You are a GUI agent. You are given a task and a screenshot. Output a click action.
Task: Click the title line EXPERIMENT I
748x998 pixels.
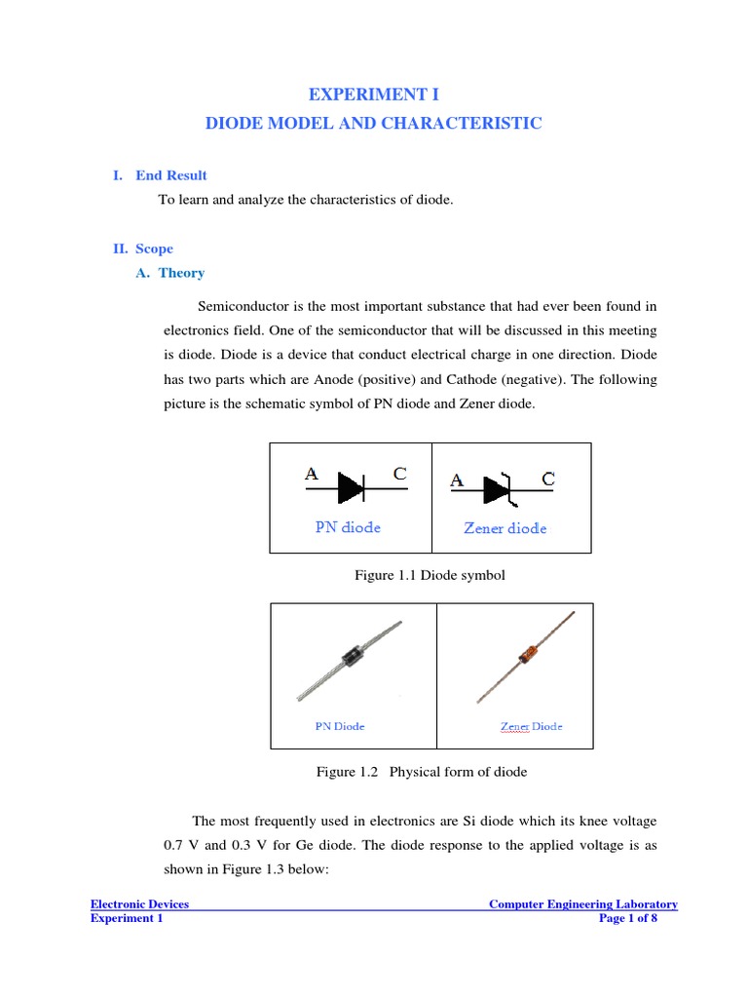pos(373,95)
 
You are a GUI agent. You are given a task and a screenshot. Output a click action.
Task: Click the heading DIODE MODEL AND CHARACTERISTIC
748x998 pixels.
pos(373,124)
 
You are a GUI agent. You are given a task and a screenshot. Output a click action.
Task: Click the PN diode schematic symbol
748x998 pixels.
pos(350,487)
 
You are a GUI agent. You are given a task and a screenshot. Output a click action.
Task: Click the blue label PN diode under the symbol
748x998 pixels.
pos(348,527)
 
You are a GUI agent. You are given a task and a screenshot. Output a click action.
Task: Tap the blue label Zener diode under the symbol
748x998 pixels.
pos(505,528)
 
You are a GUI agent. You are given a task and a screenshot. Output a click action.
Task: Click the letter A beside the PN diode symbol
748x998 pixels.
pos(312,475)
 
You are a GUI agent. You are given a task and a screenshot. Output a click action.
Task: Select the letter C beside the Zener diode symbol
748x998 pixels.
pos(548,480)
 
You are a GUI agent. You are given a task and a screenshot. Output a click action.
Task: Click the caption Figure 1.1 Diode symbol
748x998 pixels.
pos(430,575)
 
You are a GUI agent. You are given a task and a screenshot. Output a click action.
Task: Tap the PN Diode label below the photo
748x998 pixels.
pos(340,726)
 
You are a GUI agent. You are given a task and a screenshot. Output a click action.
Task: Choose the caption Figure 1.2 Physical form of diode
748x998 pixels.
pos(421,772)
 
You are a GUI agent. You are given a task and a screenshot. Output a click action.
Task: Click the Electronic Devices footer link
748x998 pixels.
pos(139,904)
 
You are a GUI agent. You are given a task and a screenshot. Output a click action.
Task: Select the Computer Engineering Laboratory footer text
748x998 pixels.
pos(582,904)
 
